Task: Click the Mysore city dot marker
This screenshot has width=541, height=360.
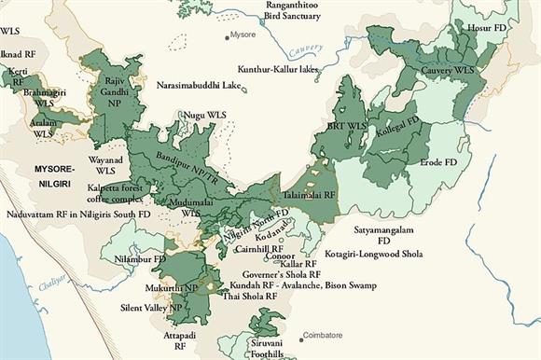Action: point(227,37)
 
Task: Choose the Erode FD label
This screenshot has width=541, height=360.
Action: point(438,161)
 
